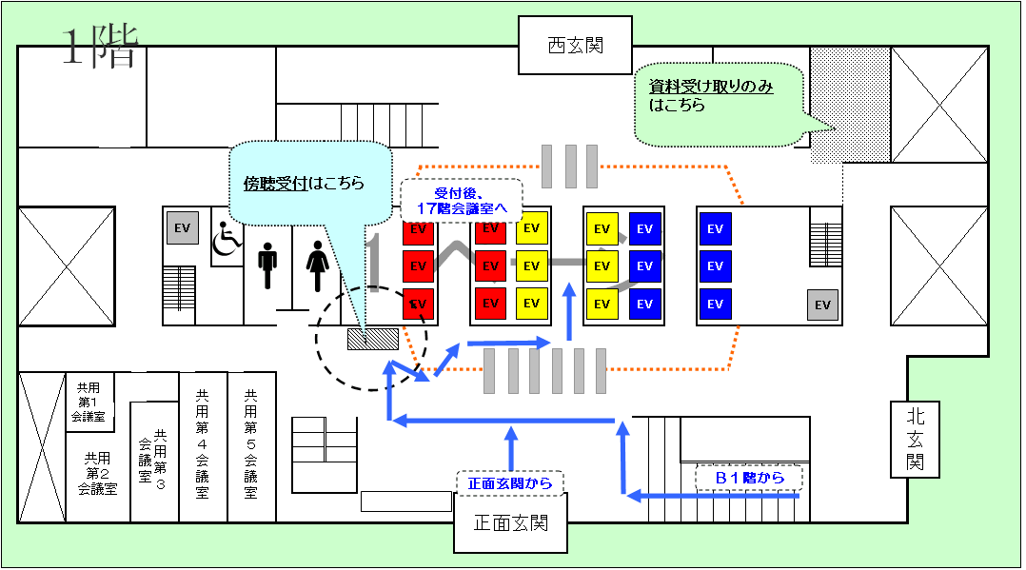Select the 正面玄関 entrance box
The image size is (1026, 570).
pyautogui.click(x=510, y=522)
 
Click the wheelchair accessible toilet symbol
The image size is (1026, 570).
pyautogui.click(x=226, y=238)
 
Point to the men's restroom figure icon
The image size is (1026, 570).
pyautogui.click(x=267, y=264)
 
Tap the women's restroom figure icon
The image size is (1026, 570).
pyautogui.click(x=316, y=265)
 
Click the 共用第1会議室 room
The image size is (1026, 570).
pyautogui.click(x=89, y=402)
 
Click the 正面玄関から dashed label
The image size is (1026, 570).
pyautogui.click(x=510, y=483)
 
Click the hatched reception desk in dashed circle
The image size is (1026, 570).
pyautogui.click(x=372, y=339)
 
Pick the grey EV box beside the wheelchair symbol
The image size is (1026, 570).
pyautogui.click(x=182, y=228)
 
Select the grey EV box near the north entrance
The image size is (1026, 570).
pyautogui.click(x=822, y=305)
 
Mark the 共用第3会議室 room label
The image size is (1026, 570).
pyautogui.click(x=152, y=460)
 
